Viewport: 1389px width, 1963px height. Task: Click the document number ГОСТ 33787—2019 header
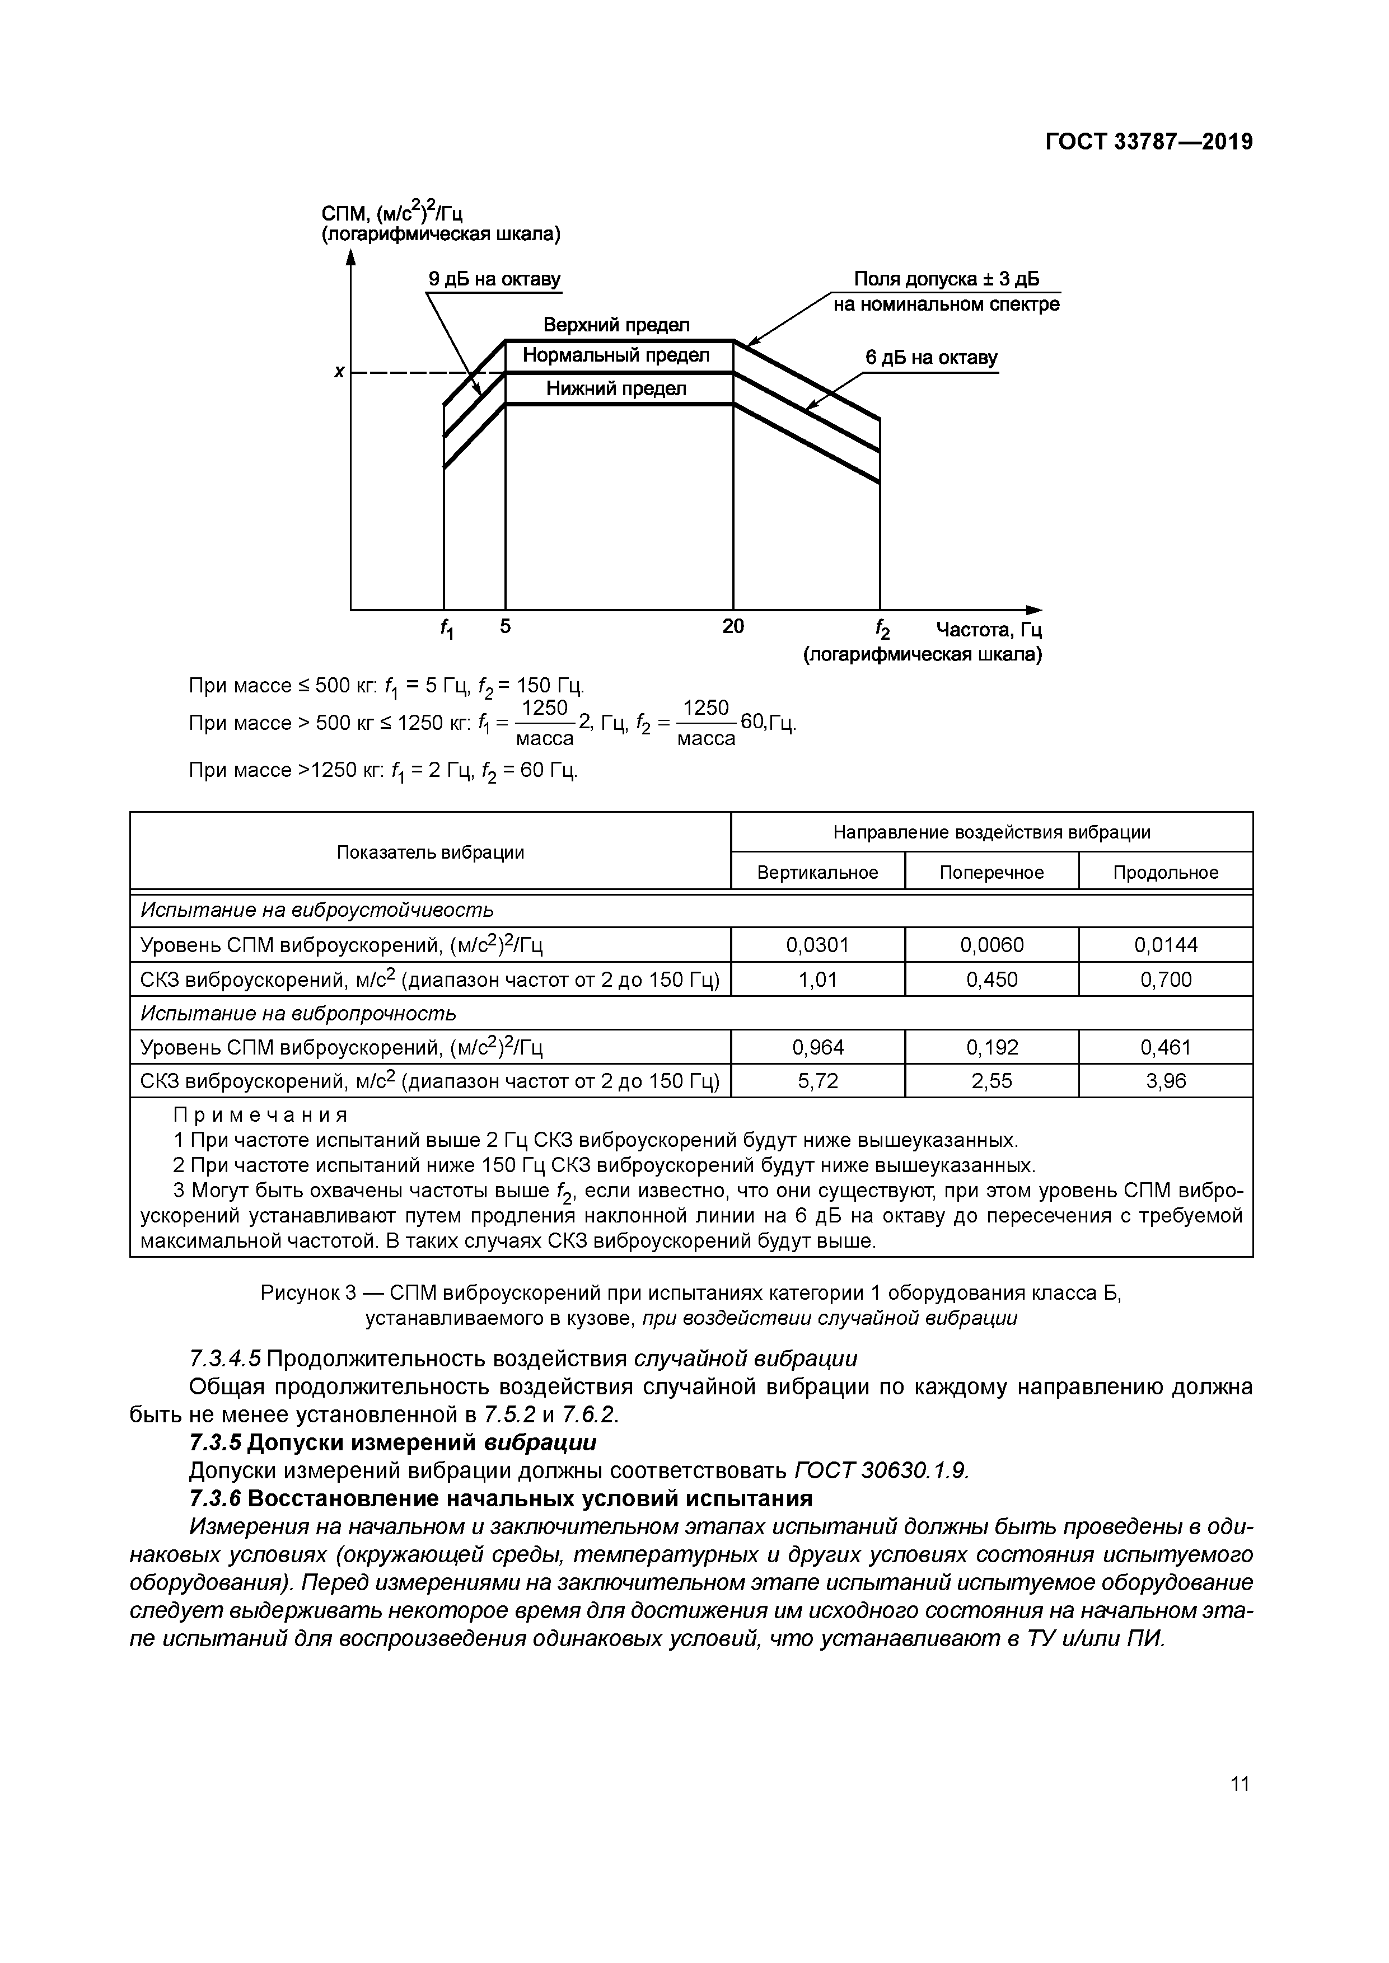[1149, 142]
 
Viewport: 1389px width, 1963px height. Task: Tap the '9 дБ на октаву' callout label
[494, 279]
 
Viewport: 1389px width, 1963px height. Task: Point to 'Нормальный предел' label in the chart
[616, 355]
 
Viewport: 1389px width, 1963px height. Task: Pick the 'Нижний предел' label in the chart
[616, 389]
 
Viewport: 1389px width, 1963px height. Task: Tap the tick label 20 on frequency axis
[733, 627]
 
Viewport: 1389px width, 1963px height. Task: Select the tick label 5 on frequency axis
[506, 627]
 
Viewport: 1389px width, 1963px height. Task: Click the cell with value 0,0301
[817, 945]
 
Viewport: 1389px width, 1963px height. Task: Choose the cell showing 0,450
[992, 980]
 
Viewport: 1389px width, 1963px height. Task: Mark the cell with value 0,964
[817, 1047]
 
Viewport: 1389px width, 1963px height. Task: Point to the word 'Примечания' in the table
[261, 1115]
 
